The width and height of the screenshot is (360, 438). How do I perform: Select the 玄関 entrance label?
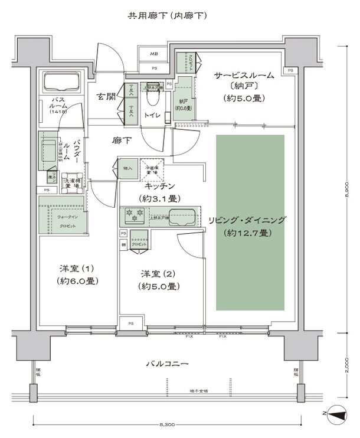tap(106, 96)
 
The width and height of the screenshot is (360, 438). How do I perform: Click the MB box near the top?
tap(153, 54)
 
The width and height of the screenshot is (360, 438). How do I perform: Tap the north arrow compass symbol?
tap(337, 417)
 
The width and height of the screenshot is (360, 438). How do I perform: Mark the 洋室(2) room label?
tap(159, 280)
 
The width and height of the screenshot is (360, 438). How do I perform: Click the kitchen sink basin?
tap(181, 215)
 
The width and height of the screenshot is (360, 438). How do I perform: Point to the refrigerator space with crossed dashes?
tap(151, 169)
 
